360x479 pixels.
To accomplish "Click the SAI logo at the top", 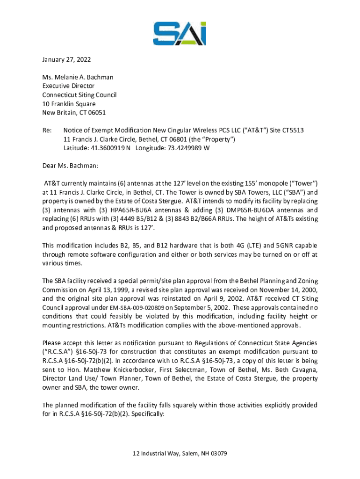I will pos(180,33).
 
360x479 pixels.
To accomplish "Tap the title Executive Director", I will pos(68,86).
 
